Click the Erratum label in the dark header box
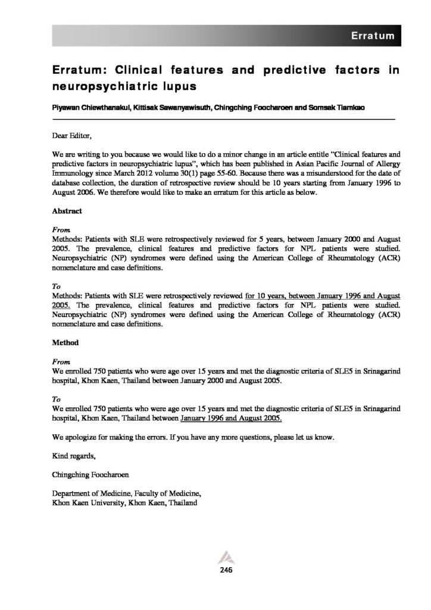coord(373,36)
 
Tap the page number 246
coord(226,570)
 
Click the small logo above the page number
coord(226,557)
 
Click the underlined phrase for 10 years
coord(266,295)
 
